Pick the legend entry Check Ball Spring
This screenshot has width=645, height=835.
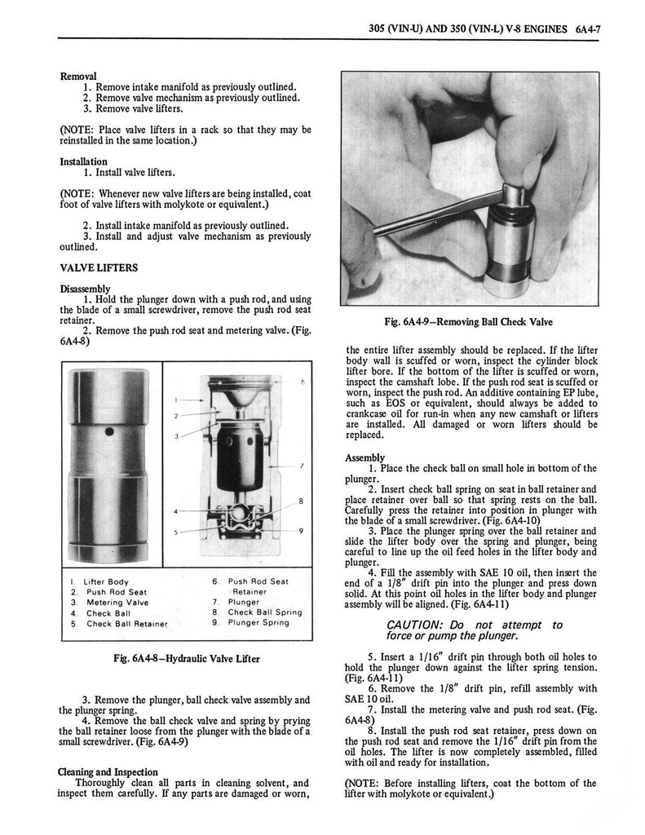[264, 612]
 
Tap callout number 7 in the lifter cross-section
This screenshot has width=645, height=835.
[301, 466]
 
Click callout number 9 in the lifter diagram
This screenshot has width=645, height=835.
[301, 531]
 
